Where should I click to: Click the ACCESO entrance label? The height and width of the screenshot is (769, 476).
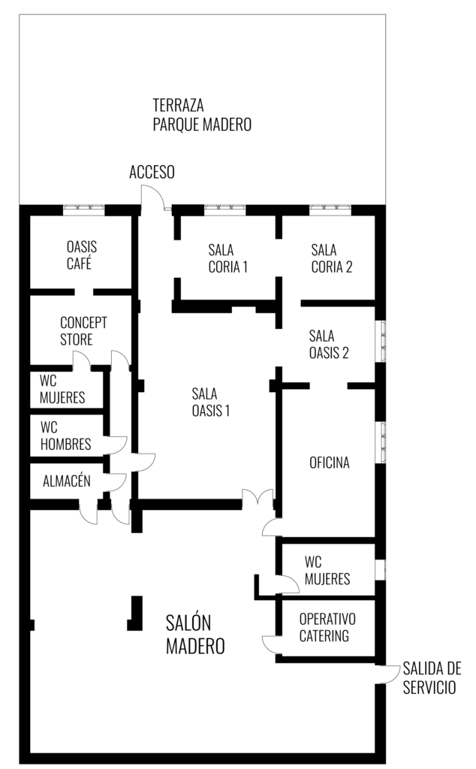click(152, 172)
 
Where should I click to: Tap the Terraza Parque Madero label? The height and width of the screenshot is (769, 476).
click(202, 115)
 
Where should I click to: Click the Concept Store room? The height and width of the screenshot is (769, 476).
click(81, 330)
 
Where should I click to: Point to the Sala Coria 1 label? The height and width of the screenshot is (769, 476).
click(228, 258)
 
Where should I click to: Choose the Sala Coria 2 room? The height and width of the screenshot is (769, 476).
click(328, 258)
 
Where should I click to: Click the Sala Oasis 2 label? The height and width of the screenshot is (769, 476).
click(329, 344)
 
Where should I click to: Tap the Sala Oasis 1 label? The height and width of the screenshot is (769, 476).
click(211, 403)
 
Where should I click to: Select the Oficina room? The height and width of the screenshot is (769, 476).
click(328, 461)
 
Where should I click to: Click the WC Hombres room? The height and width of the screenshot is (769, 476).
click(67, 436)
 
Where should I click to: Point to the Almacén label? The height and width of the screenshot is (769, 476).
click(67, 481)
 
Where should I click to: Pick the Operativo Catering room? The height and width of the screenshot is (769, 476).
click(328, 627)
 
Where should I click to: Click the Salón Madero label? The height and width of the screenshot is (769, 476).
click(195, 635)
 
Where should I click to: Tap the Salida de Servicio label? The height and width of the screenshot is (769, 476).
click(432, 678)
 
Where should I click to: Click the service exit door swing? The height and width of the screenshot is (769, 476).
click(389, 674)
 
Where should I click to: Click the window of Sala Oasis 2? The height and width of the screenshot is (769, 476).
click(383, 342)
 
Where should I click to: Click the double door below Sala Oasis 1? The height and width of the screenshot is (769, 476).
click(258, 497)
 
